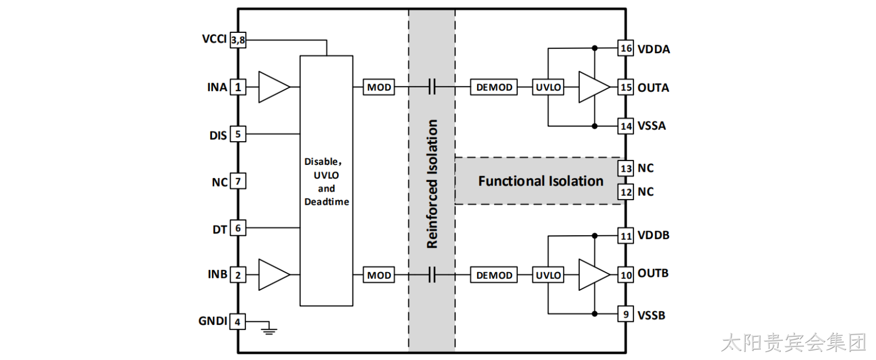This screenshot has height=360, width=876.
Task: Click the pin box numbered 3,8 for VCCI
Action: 238,40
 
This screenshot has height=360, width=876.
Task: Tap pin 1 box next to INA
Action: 238,87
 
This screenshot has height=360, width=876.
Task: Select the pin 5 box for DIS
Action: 238,134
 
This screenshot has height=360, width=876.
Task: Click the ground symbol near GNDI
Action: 269,331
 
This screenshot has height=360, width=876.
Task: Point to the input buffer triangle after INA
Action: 274,87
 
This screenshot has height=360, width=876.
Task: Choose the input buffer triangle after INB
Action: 274,275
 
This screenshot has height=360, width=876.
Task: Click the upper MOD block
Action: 379,87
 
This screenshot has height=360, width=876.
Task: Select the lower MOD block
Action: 379,275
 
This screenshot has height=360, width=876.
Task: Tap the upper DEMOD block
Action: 494,87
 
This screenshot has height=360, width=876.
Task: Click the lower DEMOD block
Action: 494,275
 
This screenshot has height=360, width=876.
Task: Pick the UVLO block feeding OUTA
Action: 548,87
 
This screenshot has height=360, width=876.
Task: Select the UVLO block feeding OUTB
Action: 548,275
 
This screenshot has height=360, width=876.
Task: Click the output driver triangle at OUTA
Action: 594,87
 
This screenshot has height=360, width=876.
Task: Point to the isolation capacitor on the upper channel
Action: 432,87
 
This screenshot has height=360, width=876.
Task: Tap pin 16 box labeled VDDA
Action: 626,48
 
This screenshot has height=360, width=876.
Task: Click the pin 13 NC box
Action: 626,168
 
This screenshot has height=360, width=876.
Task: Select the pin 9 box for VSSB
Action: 626,314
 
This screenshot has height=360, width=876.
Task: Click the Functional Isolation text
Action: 541,181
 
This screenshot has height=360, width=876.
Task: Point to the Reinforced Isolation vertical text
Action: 432,184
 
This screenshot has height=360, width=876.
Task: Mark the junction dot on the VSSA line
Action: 594,126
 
